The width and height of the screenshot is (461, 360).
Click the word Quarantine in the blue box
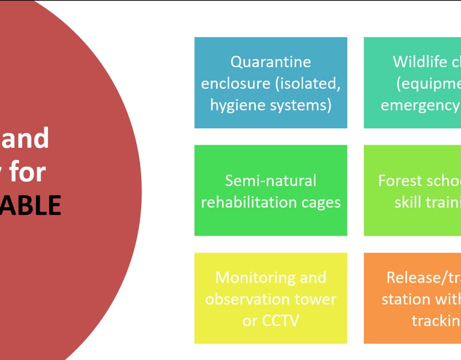point(270,62)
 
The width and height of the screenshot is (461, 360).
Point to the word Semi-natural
point(270,181)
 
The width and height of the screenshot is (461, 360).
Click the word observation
point(250,299)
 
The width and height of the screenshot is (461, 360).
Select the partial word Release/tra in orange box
point(423,278)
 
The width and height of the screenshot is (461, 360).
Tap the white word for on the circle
point(27,172)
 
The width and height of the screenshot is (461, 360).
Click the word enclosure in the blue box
point(235,83)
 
